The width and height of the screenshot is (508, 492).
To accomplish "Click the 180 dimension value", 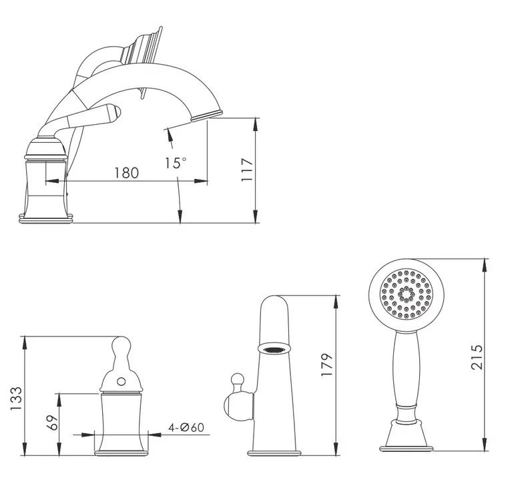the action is tap(127, 173).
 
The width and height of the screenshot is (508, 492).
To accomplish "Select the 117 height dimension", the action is tap(247, 170).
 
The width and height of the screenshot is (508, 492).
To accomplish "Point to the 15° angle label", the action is tap(176, 163).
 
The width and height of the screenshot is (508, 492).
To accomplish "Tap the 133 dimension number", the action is tap(16, 399).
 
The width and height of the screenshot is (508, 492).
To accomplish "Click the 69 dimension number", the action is tap(52, 422).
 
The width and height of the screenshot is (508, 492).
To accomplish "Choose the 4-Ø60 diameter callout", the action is tap(186, 427).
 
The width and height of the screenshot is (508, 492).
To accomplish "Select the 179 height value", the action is tap(327, 364).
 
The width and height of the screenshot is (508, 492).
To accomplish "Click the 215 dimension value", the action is tap(477, 357).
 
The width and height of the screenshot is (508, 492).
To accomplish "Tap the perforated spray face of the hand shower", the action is tap(406, 294).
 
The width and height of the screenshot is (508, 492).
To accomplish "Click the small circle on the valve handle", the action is tap(121, 382).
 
